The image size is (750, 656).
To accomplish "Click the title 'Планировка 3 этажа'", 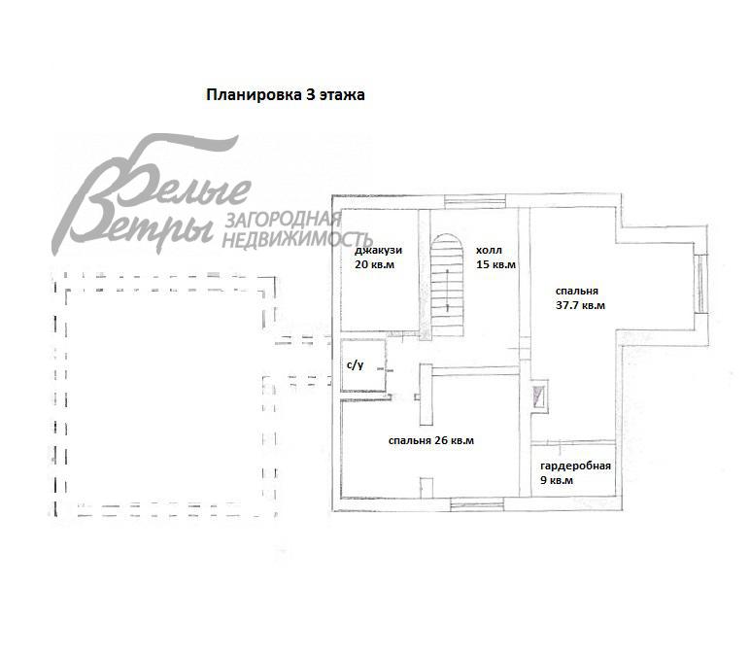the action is click(286, 95).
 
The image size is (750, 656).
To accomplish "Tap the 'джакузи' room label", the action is click(378, 251).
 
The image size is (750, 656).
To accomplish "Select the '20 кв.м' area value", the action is click(375, 264).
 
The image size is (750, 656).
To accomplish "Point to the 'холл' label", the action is click(489, 250).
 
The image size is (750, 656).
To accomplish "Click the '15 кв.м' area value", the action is click(496, 264).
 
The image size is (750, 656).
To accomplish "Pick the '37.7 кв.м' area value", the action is click(580, 305).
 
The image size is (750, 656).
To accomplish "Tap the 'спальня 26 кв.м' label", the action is click(431, 440).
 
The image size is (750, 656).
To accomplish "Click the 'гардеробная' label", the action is click(575, 466).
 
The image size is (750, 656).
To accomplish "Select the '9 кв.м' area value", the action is click(557, 480).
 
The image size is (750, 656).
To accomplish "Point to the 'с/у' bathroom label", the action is click(355, 365).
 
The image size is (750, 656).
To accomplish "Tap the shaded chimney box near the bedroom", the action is click(538, 397).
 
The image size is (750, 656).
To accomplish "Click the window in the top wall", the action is click(475, 201).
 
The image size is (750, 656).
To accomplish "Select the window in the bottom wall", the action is click(477, 503).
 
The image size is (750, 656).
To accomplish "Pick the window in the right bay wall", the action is click(701, 284).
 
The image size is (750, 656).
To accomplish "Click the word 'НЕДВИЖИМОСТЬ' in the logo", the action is click(297, 239).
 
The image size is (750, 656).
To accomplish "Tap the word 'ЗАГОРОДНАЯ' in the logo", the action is click(283, 219).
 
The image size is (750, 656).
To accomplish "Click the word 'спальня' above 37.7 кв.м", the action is click(577, 292).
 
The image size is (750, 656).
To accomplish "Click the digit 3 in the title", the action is click(311, 94).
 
